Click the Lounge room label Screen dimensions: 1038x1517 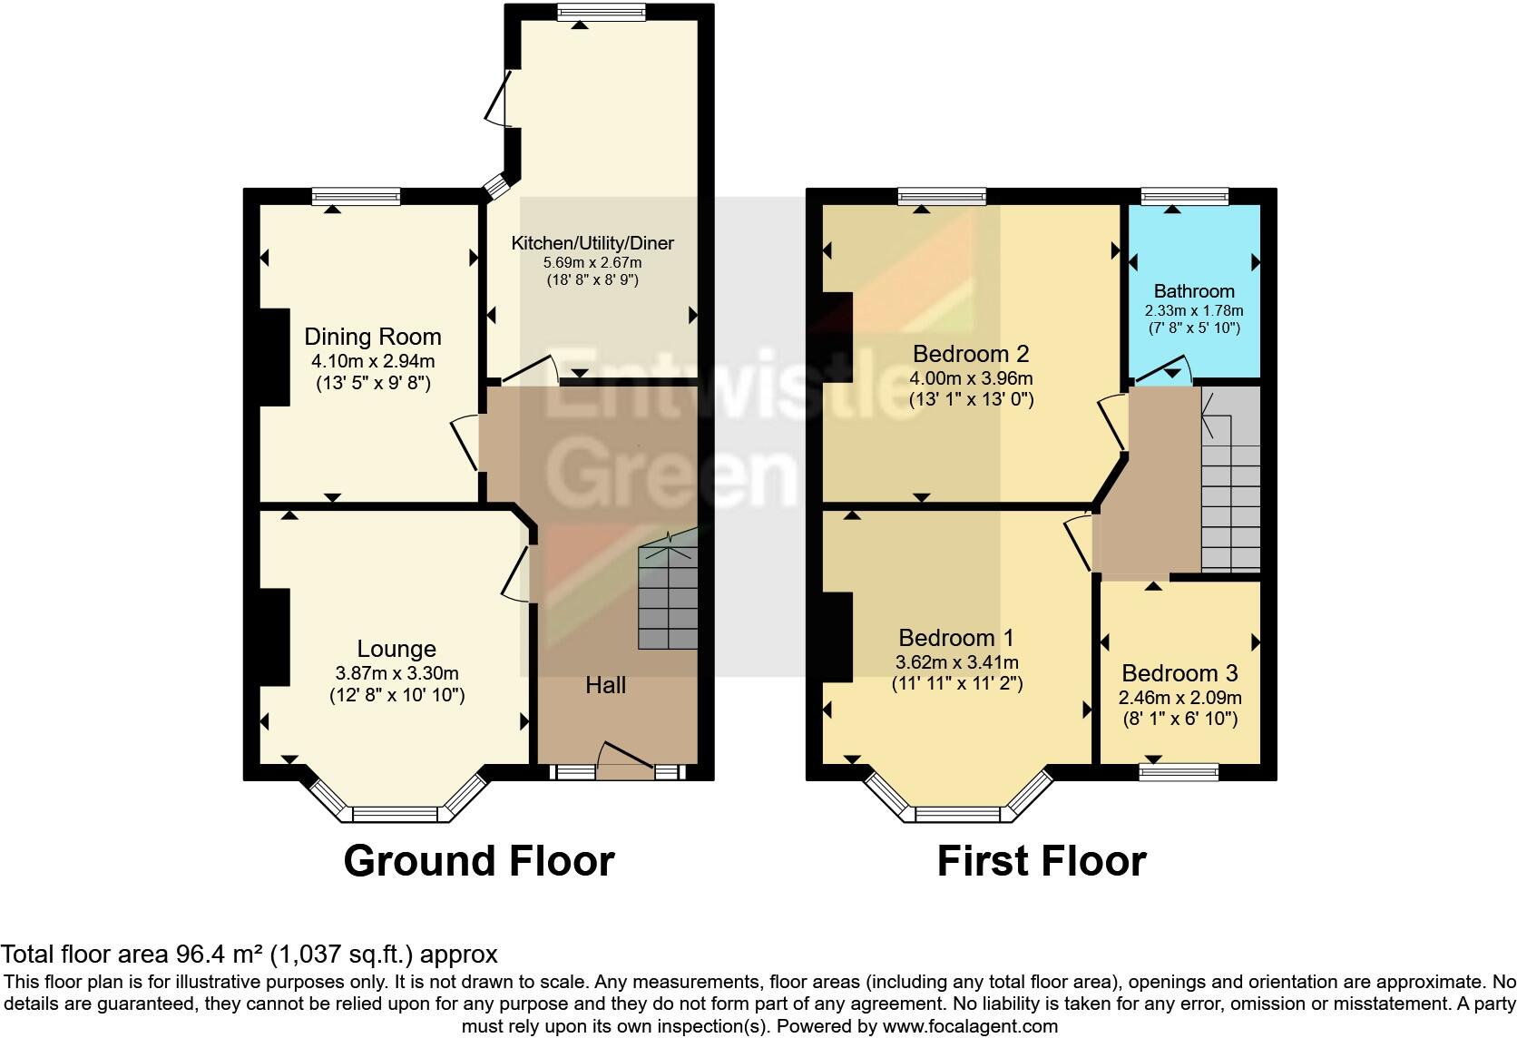tap(396, 649)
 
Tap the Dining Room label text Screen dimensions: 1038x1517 tap(372, 337)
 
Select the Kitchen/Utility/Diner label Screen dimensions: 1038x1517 tap(592, 243)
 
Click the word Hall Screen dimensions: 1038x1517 tap(605, 685)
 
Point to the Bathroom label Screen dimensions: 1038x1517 tap(1193, 291)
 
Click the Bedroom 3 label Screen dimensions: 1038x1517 tap(1179, 673)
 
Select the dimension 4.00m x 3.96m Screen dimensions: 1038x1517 tap(971, 378)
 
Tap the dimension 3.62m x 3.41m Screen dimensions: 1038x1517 tap(957, 662)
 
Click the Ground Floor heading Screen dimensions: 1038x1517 tap(479, 860)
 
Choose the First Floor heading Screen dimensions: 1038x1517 tap(1041, 860)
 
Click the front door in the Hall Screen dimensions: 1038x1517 tap(626, 760)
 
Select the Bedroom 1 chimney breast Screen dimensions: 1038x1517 tap(837, 636)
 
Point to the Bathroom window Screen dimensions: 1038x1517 tap(1184, 196)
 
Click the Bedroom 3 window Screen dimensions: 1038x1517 tap(1179, 772)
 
